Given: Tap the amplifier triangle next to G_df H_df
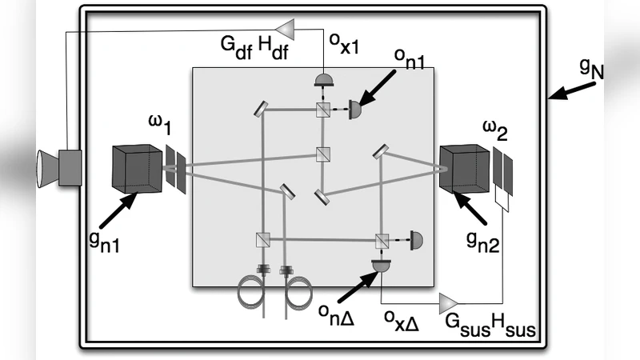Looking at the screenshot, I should coord(305,30).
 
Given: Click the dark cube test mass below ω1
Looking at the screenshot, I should coord(138,168).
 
